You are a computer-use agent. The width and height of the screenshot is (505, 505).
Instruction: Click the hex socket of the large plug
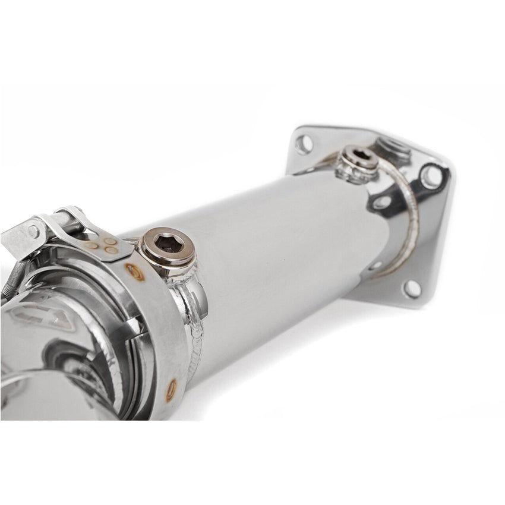168,243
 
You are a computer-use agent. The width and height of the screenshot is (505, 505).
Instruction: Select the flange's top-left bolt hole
304,143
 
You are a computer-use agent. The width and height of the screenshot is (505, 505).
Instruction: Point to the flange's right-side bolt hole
430,176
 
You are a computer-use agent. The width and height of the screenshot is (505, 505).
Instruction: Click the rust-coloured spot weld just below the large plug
135,272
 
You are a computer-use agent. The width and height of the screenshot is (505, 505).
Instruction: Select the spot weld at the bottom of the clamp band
171,389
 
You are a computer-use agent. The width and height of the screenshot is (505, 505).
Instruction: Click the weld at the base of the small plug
355,172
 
